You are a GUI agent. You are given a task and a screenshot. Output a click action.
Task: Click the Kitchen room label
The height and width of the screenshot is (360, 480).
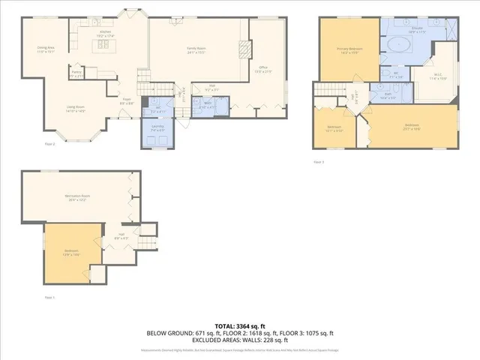tap(106, 33)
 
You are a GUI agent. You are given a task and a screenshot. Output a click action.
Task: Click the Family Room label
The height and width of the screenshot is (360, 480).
tap(196, 51)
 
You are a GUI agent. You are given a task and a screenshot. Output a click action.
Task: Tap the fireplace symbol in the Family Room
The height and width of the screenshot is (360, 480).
tap(242, 50)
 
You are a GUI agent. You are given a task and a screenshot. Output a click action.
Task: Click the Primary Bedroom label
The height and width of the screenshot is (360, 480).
tap(349, 51)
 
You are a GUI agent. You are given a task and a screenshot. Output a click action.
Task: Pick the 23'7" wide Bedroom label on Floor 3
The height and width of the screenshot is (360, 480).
tap(412, 126)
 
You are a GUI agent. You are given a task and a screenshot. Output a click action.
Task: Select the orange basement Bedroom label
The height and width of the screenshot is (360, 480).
tap(73, 252)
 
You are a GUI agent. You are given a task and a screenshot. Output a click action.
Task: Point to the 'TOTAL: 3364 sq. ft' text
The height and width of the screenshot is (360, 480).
tap(239, 325)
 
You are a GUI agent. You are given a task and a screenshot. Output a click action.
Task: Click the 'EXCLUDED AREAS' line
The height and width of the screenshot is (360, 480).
tap(239, 339)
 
